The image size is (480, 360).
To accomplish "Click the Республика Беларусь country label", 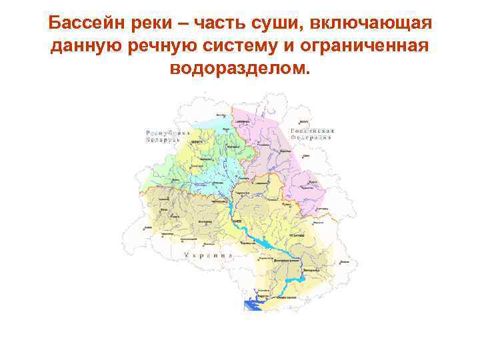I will tap(163, 136).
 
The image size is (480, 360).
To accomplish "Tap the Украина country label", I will tap(207, 255).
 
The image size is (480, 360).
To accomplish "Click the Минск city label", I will tap(197, 142).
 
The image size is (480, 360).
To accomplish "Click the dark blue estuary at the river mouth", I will tap(251, 305).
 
